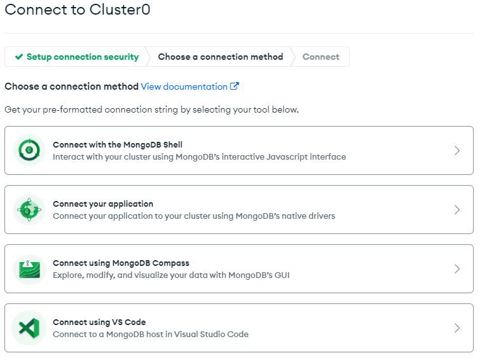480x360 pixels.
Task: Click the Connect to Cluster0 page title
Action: (78, 10)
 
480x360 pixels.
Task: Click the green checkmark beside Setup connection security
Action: (19, 57)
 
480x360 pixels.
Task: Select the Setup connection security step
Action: (83, 57)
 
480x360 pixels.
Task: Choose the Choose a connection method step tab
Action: (221, 57)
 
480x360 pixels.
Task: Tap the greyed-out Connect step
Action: (321, 57)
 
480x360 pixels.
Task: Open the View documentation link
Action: (184, 87)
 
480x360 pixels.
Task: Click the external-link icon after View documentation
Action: (235, 87)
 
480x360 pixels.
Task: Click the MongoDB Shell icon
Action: (29, 151)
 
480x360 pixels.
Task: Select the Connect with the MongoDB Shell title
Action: (118, 144)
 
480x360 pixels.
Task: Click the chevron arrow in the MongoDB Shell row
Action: (457, 151)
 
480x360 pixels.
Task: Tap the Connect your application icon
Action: (29, 210)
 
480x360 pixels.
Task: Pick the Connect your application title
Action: (103, 204)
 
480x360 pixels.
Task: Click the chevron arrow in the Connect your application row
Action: (457, 210)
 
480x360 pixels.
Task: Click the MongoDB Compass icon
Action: (29, 269)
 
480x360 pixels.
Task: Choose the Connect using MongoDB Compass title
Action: (121, 263)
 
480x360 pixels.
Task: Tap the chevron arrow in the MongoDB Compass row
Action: (457, 269)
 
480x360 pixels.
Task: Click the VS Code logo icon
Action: (29, 328)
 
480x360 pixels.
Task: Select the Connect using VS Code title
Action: (99, 322)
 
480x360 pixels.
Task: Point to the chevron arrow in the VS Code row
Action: (457, 328)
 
